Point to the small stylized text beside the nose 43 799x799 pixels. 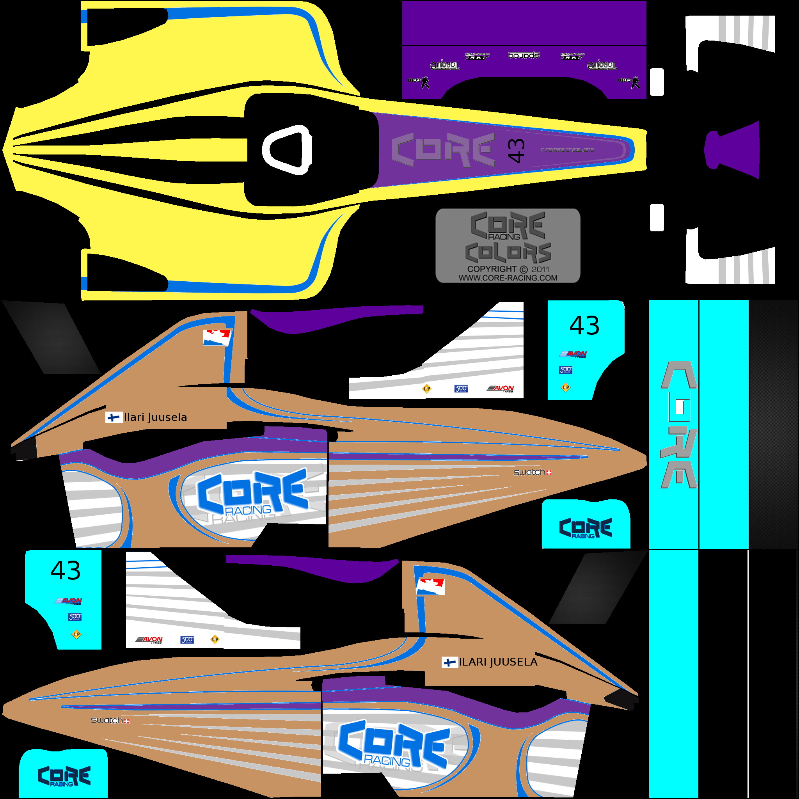point(567,150)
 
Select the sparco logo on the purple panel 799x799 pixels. point(524,55)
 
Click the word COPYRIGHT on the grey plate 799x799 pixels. point(492,269)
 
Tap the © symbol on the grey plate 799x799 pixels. point(524,270)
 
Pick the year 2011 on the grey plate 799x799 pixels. point(540,270)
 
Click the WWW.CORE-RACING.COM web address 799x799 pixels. point(508,278)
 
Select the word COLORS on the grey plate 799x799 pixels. point(508,253)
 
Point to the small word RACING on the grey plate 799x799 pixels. point(504,237)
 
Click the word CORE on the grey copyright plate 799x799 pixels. point(508,225)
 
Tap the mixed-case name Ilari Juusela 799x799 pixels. point(156,417)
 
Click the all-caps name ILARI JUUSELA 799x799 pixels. point(498,662)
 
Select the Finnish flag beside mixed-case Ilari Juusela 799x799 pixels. point(113,417)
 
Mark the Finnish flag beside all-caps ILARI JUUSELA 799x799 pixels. point(449,662)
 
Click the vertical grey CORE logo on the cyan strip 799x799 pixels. point(679,424)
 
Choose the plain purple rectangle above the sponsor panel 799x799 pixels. point(524,23)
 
